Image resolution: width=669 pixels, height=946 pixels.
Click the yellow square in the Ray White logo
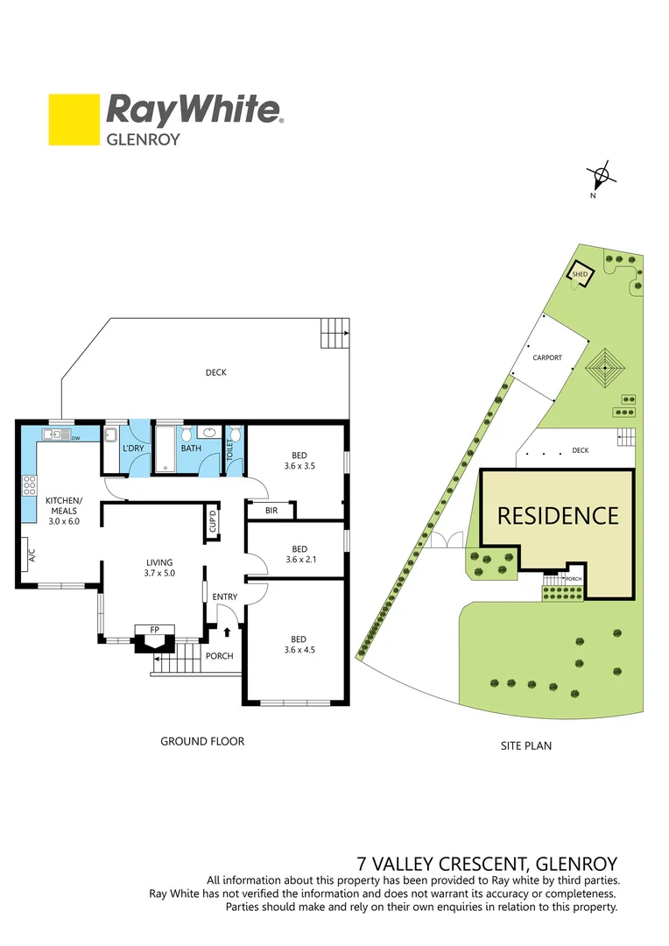(74, 120)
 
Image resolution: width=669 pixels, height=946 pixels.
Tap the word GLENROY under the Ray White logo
(143, 138)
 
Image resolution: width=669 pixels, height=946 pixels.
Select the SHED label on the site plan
(579, 274)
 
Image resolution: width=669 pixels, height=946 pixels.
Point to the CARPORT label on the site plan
(547, 357)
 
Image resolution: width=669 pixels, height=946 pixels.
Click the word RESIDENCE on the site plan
(558, 515)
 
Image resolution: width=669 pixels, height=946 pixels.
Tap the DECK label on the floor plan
(216, 372)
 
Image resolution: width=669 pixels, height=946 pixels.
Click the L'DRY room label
(134, 448)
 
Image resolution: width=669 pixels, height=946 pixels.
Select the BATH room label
(191, 448)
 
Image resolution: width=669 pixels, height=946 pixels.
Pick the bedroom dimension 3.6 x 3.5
(299, 466)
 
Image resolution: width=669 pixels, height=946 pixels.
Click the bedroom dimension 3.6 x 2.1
(299, 559)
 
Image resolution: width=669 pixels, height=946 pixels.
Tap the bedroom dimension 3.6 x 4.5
(299, 649)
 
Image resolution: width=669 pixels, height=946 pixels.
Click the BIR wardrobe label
(271, 510)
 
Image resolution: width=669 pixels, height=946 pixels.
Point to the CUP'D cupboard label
(212, 523)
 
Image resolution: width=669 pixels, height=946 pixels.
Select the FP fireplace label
(154, 629)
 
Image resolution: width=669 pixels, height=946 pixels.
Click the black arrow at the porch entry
(229, 630)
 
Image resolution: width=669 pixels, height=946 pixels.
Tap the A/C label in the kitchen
(30, 554)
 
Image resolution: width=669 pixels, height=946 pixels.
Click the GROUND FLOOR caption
(201, 741)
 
